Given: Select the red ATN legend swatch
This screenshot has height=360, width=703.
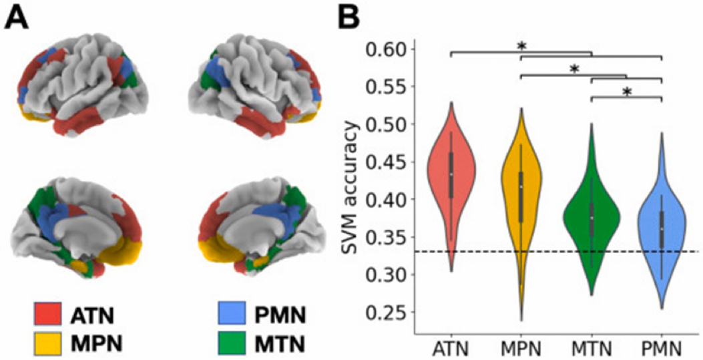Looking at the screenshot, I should click(47, 313).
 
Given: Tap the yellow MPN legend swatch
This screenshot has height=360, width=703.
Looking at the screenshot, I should click(47, 343).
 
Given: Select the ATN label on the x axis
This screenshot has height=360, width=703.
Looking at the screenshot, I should click(451, 348).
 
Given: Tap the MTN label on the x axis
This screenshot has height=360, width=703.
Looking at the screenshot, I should click(592, 348).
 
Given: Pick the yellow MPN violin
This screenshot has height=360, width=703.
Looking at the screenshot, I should click(521, 200).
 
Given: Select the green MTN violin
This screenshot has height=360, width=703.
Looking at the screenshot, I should click(592, 220).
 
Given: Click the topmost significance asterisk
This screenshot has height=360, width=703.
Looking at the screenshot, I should click(522, 46).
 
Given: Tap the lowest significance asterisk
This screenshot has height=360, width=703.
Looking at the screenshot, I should click(626, 92).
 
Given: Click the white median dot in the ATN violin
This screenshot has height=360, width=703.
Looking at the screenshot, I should click(451, 174).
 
